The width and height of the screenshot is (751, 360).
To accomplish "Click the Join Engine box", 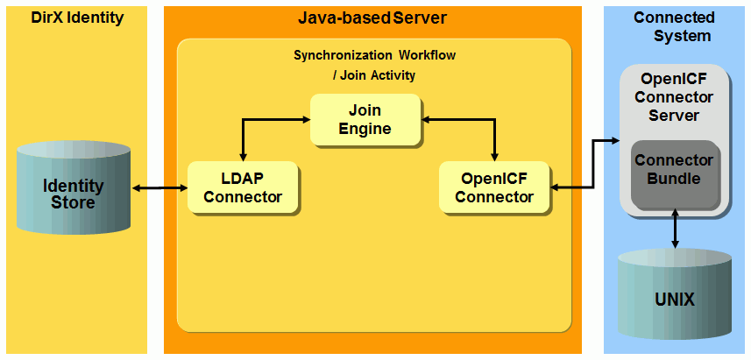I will click(x=365, y=119).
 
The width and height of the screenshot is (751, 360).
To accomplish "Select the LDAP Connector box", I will click(x=243, y=187).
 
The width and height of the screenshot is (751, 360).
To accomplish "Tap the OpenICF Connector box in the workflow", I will click(x=494, y=187).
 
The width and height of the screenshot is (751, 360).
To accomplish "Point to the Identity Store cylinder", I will click(x=73, y=194).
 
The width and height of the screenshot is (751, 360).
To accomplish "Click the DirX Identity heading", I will click(x=76, y=17).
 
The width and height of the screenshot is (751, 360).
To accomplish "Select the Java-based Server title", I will click(x=372, y=18).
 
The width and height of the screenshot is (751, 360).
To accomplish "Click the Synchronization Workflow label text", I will click(x=374, y=55).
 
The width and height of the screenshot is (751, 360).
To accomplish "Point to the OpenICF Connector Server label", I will click(x=674, y=96).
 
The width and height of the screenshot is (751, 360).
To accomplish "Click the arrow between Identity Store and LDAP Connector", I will click(x=159, y=187).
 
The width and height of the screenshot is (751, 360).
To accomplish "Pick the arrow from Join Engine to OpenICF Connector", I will click(x=495, y=131).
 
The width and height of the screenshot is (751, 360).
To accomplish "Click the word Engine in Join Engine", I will click(x=365, y=129).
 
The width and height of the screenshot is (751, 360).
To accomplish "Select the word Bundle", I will click(x=674, y=179).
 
